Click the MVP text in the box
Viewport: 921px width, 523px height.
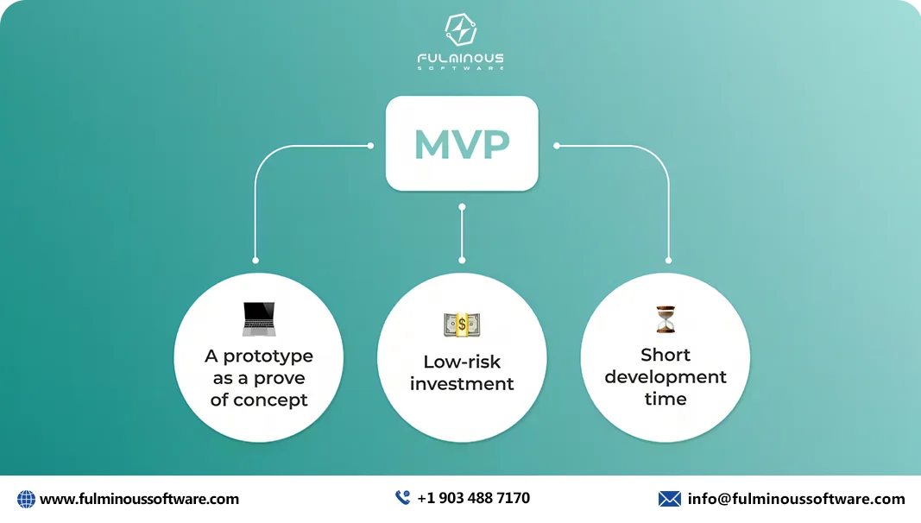(x=461, y=144)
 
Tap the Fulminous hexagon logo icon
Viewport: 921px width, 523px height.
(x=461, y=30)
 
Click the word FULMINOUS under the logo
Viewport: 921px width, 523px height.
(x=461, y=59)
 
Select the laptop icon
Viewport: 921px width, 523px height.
(x=258, y=319)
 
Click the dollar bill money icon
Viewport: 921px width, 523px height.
(x=462, y=325)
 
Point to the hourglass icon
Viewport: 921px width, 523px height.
(x=665, y=319)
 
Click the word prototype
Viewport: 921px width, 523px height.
(x=268, y=356)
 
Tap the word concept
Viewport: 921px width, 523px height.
(x=271, y=400)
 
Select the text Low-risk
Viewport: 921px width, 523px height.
(x=462, y=362)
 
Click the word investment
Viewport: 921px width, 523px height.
(x=462, y=383)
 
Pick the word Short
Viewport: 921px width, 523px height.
(x=666, y=355)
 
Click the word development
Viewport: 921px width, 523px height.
(x=666, y=377)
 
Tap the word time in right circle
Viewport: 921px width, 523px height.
(x=666, y=399)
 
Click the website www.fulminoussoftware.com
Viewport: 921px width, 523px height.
(x=139, y=499)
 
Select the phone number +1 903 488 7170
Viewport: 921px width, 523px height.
(x=473, y=498)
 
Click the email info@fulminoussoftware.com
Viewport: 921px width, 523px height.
(x=796, y=499)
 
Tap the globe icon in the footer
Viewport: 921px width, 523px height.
(x=26, y=499)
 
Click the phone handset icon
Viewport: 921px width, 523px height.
(x=402, y=498)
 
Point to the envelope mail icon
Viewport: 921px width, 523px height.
(x=669, y=499)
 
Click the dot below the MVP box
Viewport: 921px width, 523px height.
(x=462, y=207)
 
